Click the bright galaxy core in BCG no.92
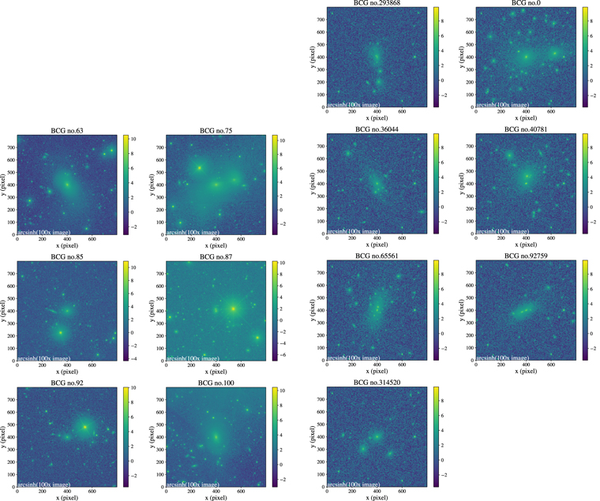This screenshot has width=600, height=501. (85, 427)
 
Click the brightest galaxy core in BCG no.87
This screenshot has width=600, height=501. (234, 308)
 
